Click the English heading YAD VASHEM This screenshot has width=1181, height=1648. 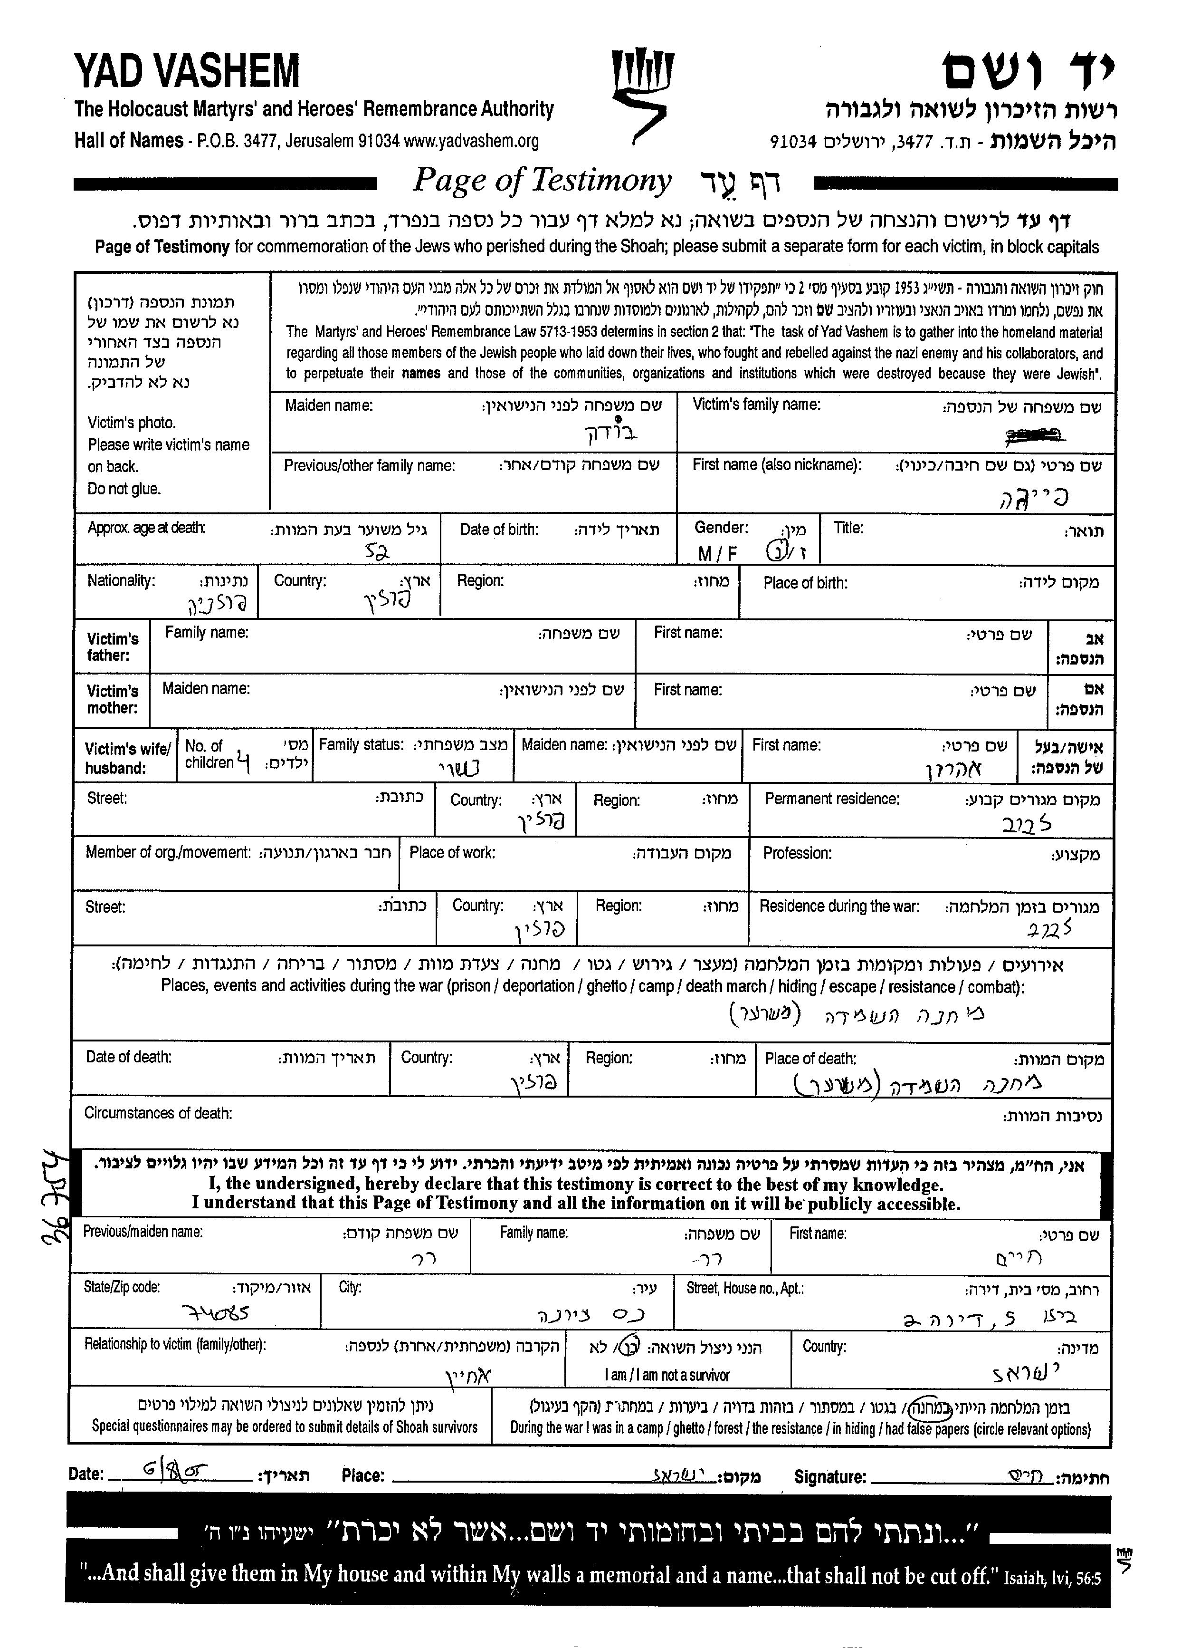pos(187,71)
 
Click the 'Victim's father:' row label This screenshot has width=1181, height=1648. pos(113,647)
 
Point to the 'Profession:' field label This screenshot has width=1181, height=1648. pos(797,853)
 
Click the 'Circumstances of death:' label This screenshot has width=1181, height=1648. pos(158,1113)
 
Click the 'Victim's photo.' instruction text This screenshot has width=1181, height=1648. pos(132,423)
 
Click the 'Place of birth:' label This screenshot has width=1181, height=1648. pos(805,583)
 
